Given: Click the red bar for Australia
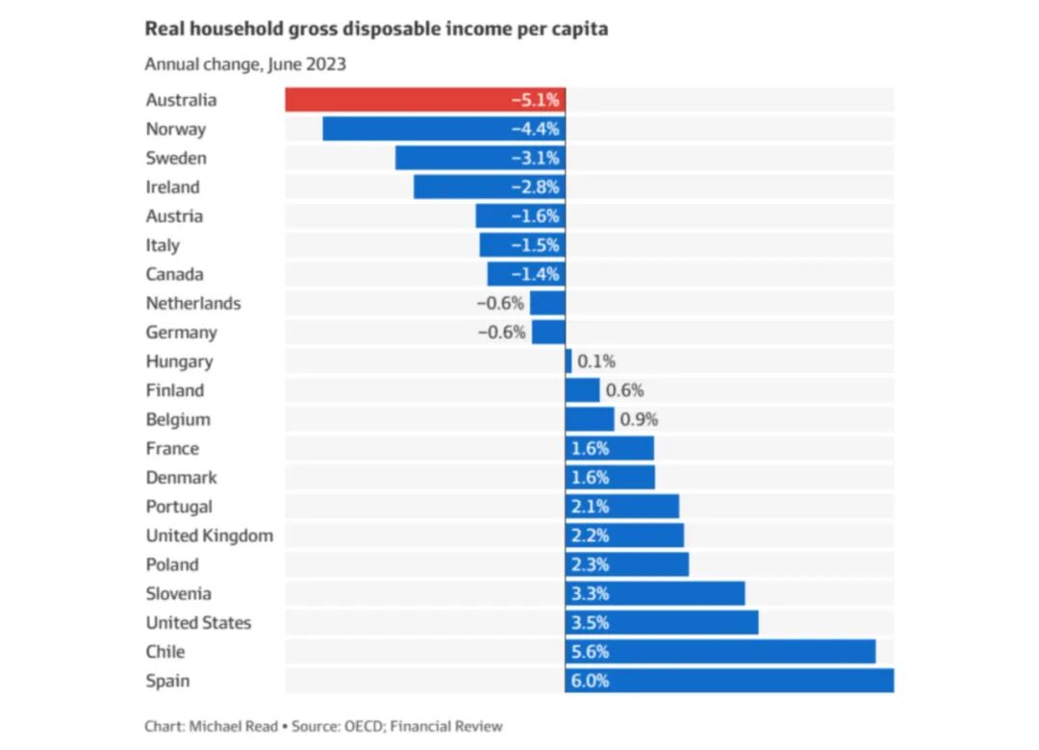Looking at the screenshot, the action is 425,99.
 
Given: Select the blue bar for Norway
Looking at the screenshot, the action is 443,129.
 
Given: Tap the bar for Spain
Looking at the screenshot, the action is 729,681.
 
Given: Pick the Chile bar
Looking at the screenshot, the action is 721,651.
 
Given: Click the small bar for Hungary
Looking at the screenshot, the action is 569,362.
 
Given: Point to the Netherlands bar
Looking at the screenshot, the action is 548,303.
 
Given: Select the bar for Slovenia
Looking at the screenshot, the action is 655,593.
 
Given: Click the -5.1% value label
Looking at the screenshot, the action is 536,100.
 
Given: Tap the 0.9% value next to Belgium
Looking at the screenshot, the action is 639,419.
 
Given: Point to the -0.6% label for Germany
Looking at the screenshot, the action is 501,332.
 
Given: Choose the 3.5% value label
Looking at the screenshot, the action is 590,623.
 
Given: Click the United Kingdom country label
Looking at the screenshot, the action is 210,536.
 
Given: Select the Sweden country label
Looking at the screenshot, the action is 176,158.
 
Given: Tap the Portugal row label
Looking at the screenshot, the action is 179,507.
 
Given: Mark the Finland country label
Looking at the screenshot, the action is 175,390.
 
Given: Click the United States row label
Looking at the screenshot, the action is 199,623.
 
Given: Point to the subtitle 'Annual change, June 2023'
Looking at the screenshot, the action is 245,64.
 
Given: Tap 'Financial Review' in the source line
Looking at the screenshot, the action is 446,726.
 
